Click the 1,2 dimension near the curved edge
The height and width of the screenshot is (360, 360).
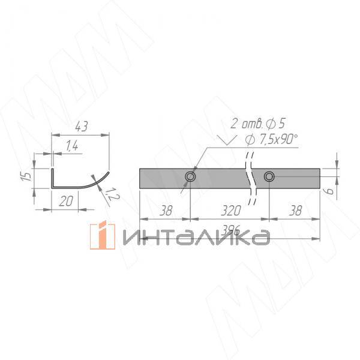click(x=110, y=193)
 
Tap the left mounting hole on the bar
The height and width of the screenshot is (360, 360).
click(x=190, y=176)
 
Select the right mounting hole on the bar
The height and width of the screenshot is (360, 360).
click(x=269, y=176)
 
